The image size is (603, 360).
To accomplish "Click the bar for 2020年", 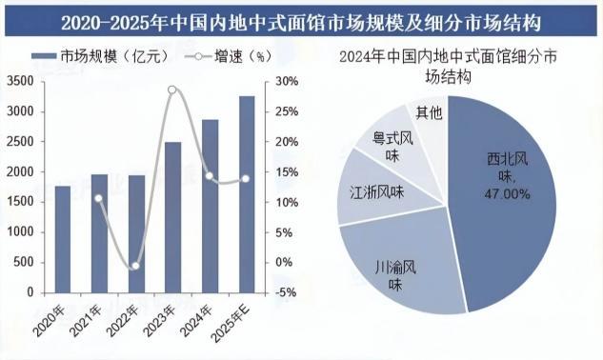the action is (x=63, y=239).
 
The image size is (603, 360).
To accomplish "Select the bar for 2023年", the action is (x=172, y=217).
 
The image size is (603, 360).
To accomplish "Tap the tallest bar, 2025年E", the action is (x=247, y=194).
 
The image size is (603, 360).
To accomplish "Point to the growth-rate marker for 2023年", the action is (x=172, y=90).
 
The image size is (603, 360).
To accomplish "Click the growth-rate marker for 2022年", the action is (x=135, y=266).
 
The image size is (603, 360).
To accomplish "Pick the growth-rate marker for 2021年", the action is (x=99, y=198).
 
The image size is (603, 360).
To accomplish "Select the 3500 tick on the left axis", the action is (x=20, y=82).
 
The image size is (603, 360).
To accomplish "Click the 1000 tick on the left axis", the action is (x=20, y=232).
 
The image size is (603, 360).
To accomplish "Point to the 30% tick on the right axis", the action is (x=287, y=82).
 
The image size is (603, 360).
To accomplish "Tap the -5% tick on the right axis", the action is (x=286, y=292).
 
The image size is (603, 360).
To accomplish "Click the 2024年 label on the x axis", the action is (x=196, y=320).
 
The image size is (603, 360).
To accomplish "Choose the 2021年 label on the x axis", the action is (x=86, y=320).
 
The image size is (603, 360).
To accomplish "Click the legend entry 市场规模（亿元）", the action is (x=100, y=56).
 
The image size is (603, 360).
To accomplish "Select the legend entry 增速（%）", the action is (x=228, y=56).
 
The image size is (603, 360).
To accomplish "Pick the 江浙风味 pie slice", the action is (x=381, y=190).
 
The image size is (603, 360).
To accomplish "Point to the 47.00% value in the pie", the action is (x=507, y=194).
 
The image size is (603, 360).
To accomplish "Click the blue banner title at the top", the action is (x=301, y=23).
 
